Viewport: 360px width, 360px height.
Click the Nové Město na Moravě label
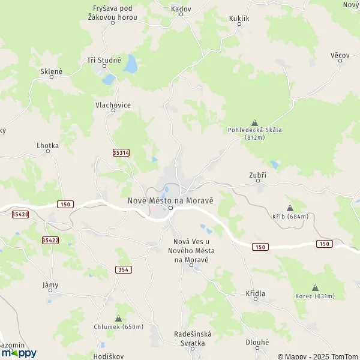171,200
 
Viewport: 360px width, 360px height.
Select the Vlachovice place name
113,105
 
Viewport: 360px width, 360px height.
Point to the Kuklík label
239,19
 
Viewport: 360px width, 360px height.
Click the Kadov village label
181,10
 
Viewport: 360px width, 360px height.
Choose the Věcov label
340,55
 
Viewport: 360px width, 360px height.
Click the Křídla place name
256,293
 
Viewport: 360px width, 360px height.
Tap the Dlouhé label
257,342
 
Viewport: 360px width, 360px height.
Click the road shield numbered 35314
121,153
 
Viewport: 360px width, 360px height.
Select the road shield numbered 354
124,270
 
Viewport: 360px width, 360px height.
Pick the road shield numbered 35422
50,240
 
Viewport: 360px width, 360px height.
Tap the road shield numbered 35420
20,214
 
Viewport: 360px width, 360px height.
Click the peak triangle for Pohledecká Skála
254,122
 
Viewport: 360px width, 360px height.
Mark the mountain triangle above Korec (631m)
315,287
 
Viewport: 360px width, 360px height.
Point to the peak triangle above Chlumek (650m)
118,319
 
